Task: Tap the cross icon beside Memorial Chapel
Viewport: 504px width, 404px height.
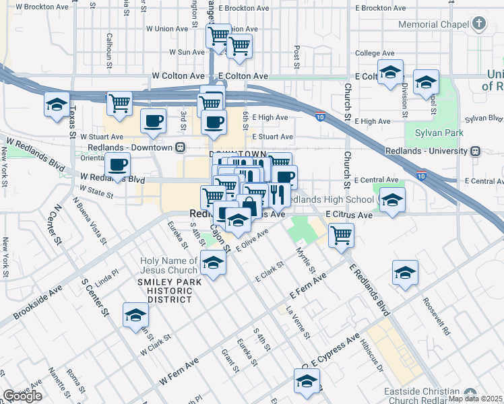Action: click(x=479, y=24)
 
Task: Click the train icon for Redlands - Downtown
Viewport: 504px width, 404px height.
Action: click(x=180, y=147)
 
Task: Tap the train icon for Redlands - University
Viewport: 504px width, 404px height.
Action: click(x=475, y=151)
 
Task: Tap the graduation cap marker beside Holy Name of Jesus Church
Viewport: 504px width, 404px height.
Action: click(x=213, y=263)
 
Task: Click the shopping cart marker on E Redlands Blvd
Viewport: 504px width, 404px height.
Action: click(x=342, y=235)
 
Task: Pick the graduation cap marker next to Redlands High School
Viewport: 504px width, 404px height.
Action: click(x=391, y=200)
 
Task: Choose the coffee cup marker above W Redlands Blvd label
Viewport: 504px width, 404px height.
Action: click(x=118, y=164)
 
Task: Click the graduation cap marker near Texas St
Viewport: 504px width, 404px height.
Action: click(x=57, y=104)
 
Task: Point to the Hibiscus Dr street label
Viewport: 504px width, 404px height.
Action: click(x=370, y=360)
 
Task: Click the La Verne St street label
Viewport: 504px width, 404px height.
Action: click(x=297, y=323)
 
